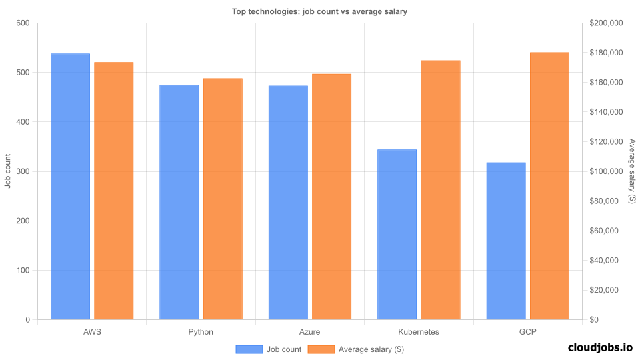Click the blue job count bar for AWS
(70, 187)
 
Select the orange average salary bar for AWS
(114, 191)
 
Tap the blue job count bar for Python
(179, 202)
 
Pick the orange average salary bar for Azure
(331, 197)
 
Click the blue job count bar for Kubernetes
(397, 235)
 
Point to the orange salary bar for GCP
(549, 186)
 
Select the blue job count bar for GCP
(506, 241)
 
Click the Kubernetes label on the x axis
(419, 331)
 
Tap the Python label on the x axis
(201, 331)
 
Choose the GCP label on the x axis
(527, 331)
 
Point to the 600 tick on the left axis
(23, 23)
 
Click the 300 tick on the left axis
(23, 171)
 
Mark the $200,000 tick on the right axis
(606, 23)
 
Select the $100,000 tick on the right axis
(606, 171)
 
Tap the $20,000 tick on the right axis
(604, 290)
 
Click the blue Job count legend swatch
(249, 349)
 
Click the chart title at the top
(319, 11)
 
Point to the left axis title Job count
(8, 171)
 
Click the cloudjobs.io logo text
(600, 347)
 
